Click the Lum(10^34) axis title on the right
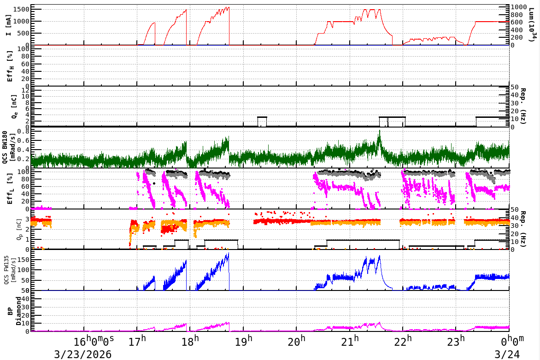pos(533,26)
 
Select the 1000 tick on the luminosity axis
pos(519,7)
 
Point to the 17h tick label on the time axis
pos(137,342)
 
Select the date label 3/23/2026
pos(82,354)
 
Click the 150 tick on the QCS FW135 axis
pos(23,260)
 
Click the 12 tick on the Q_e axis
pos(26,90)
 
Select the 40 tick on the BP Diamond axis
pos(26,299)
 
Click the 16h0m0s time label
pos(94,342)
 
